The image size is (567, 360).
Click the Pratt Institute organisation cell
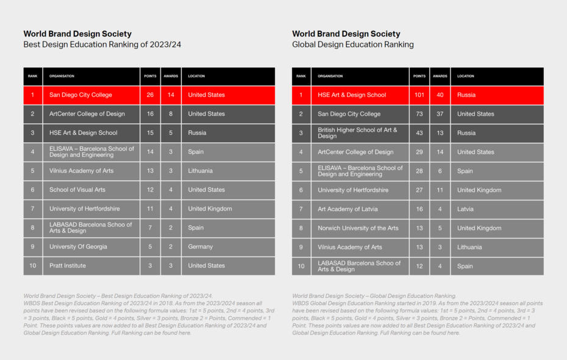[68, 265]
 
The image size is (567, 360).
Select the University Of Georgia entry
[78, 247]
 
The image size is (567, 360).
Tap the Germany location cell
[201, 247]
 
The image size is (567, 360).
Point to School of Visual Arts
[77, 190]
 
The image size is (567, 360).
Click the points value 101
[419, 95]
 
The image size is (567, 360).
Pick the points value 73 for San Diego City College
[419, 114]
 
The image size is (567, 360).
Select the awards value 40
[440, 95]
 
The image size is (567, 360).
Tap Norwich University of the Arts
[358, 228]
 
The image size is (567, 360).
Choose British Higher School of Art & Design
[357, 132]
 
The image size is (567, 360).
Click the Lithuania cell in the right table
[469, 247]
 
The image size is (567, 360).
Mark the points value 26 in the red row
[150, 95]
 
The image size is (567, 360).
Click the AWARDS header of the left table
[171, 76]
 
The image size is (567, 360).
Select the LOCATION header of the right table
[466, 76]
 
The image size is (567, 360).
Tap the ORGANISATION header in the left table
[62, 76]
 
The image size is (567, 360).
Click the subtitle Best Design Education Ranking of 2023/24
[102, 45]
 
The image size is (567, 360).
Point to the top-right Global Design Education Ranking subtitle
[352, 45]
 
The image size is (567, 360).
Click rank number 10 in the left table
[32, 265]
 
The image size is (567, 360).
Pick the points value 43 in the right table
[419, 132]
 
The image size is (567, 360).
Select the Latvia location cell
[466, 209]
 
